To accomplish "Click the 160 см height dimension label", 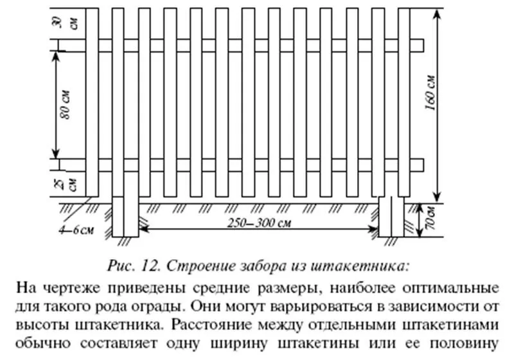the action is (431, 93).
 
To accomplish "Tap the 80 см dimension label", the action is (66, 104).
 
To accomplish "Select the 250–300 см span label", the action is (259, 223).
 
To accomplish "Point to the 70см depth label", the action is (430, 219).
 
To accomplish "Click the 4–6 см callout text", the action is (76, 230).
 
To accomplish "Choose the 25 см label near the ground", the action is (66, 184).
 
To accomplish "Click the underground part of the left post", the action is (125, 217).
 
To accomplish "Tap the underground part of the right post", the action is (391, 217).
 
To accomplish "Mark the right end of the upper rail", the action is (423, 45).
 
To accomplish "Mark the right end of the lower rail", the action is (423, 165).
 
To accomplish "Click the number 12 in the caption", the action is (152, 266).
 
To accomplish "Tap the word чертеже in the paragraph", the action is (73, 288).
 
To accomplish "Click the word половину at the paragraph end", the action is (464, 343).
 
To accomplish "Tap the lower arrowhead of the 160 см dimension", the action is (437, 198).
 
